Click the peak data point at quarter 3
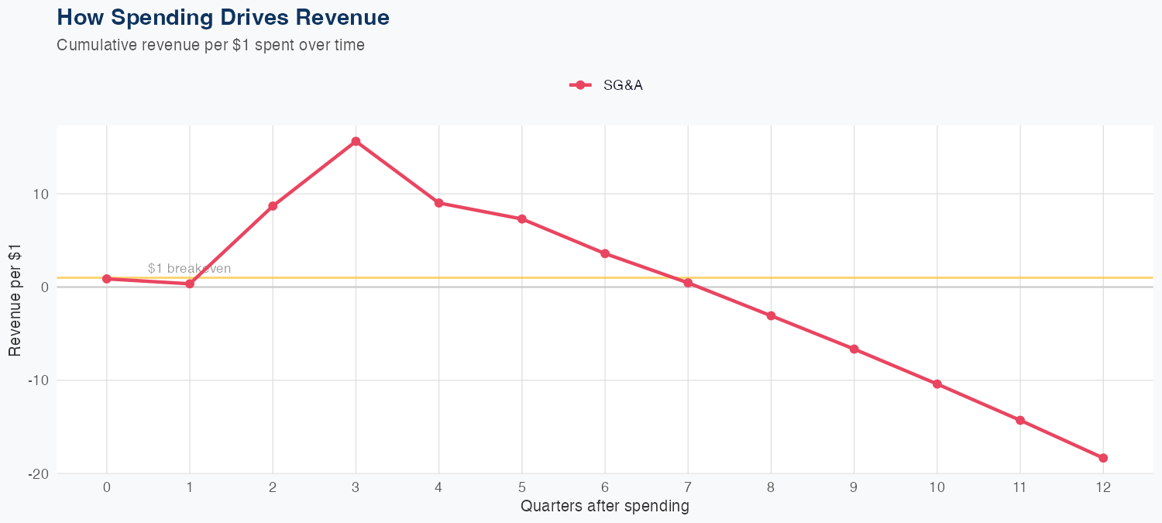coord(356,141)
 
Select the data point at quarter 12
coord(1103,458)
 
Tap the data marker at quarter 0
coord(106,279)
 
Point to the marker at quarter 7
coord(688,283)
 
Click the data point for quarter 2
coord(273,206)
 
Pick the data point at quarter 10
coord(937,384)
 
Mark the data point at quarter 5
coord(522,219)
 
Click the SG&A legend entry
coord(607,85)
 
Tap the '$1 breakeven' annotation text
coord(189,269)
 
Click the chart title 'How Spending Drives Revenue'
coord(223,17)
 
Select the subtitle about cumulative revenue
coord(211,45)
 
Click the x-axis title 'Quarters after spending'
coord(604,507)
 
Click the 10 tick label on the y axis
coord(40,194)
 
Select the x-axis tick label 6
coord(605,487)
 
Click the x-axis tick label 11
coord(1019,487)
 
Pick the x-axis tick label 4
coord(438,487)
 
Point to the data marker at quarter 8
coord(771,316)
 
